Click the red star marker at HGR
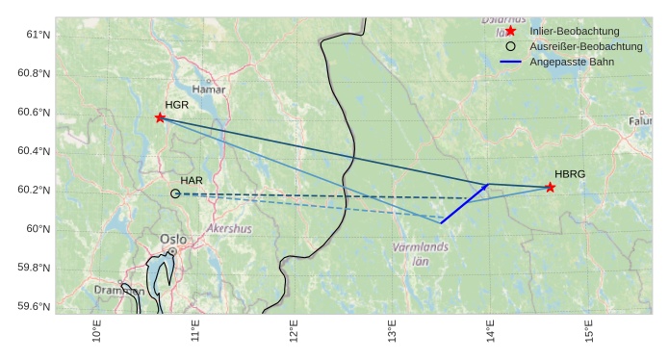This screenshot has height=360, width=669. click(x=160, y=117)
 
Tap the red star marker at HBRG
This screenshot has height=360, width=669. click(x=550, y=187)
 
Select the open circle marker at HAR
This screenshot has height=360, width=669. click(x=175, y=193)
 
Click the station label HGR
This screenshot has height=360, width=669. click(x=176, y=105)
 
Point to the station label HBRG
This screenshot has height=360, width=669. click(x=570, y=174)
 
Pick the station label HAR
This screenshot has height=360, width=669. click(x=192, y=180)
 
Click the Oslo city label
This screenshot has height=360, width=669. click(x=173, y=240)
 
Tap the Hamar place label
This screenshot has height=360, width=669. click(x=209, y=90)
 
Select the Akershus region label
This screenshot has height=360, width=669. click(x=229, y=229)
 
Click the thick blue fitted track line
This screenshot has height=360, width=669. click(x=465, y=203)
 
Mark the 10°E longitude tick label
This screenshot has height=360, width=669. click(x=96, y=332)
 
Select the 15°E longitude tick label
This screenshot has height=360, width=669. click(x=589, y=332)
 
